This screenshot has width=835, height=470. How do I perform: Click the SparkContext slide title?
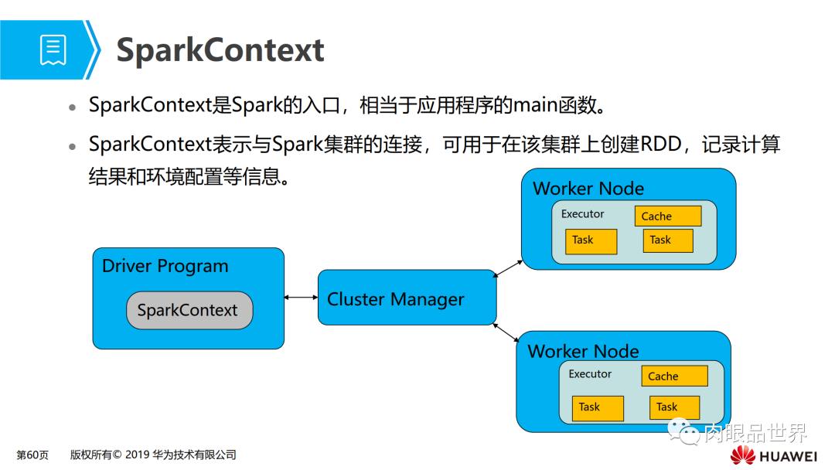click(220, 50)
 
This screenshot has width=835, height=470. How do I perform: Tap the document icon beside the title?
click(53, 50)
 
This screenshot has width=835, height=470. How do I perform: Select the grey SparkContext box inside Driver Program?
click(189, 311)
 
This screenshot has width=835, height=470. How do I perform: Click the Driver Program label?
click(165, 266)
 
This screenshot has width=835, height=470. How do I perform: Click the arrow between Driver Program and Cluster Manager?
click(301, 298)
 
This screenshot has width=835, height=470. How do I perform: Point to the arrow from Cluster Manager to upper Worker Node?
click(508, 268)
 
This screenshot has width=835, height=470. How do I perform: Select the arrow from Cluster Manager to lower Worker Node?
click(506, 332)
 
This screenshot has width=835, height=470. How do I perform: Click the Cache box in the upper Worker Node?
click(668, 216)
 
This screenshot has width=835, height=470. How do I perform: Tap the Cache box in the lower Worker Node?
click(674, 376)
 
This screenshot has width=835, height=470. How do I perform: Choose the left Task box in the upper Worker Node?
click(591, 241)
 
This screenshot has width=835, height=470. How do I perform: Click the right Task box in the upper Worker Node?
click(668, 240)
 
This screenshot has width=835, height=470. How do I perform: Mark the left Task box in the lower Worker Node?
click(597, 408)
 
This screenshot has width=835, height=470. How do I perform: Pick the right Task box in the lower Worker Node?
click(674, 407)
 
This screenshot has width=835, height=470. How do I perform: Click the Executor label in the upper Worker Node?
click(582, 214)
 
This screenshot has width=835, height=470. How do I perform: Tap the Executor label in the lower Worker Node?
click(590, 374)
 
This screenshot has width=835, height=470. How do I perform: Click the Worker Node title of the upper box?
click(588, 189)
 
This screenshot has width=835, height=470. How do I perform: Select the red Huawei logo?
click(743, 456)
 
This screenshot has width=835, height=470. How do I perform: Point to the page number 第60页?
click(32, 455)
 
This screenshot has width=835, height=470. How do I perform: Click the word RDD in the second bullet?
click(663, 145)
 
